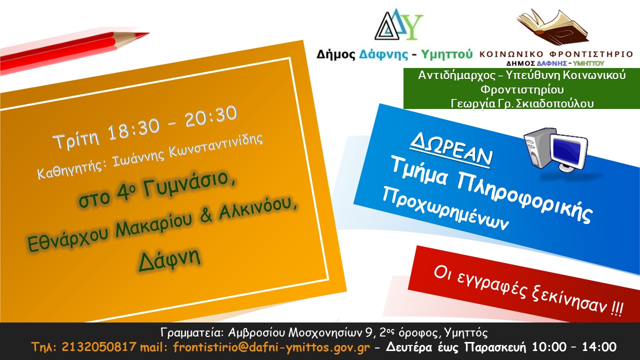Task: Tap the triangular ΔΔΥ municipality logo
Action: coord(398,24)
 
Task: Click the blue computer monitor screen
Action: coord(567,149)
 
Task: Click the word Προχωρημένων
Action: coord(445,208)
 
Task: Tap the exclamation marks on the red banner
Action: coord(617,308)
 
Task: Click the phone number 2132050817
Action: coord(98,347)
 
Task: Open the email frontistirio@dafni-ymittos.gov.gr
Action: coord(271,347)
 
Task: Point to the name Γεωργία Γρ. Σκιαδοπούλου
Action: coord(522,103)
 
